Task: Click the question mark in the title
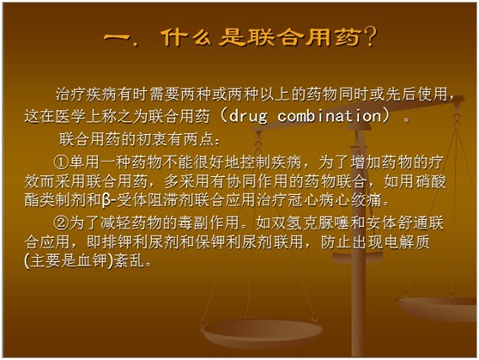370,37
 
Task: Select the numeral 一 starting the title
117,38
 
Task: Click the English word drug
248,116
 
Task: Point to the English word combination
330,116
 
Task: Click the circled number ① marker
61,162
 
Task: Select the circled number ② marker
61,223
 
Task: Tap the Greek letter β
106,201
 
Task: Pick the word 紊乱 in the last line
130,261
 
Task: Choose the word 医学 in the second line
71,116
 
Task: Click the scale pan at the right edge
438,308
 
